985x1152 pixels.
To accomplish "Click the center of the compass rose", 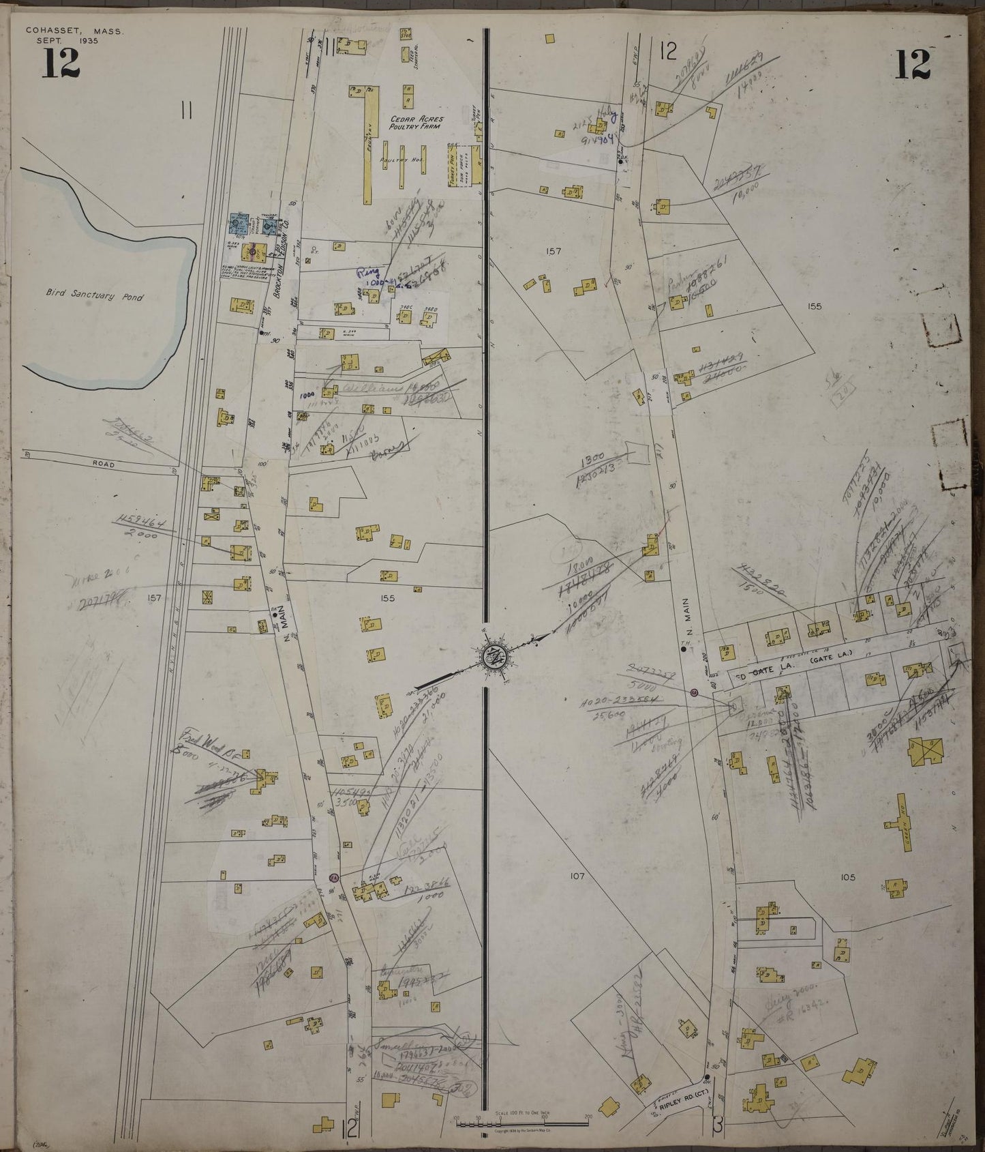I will click(x=493, y=656).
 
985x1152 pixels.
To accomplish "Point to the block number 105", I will click(x=847, y=877).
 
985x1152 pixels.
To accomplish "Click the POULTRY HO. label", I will click(x=408, y=160).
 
